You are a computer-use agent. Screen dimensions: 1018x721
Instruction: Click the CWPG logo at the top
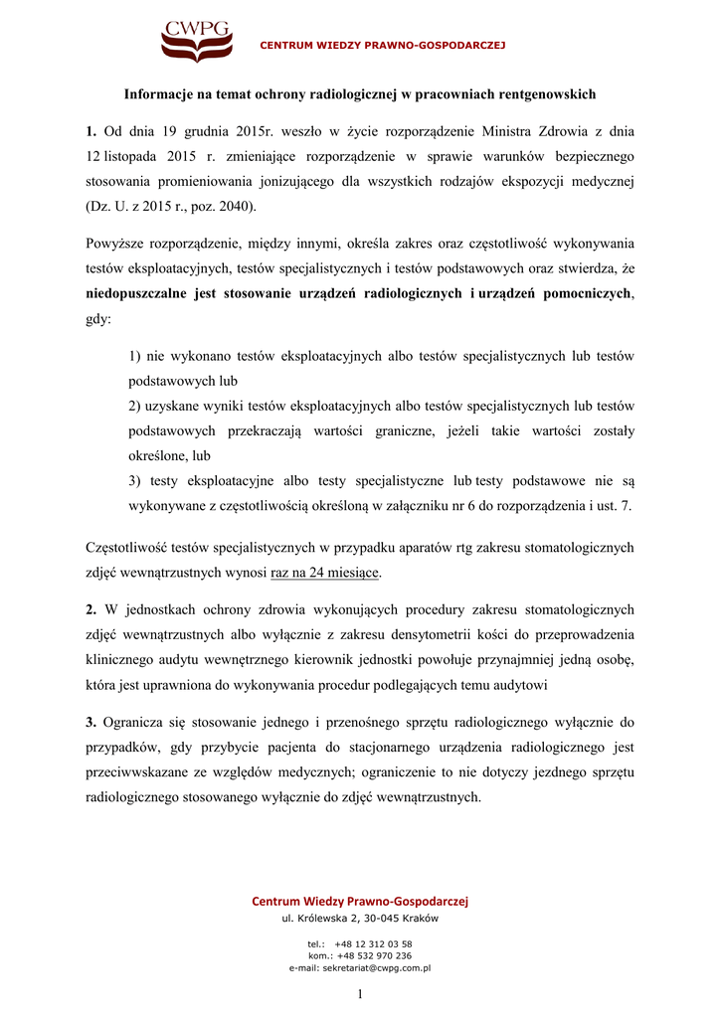(x=196, y=41)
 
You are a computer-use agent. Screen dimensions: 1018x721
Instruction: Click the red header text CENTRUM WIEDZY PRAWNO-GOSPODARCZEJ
(x=383, y=46)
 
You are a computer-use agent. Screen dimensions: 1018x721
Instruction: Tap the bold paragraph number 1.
(x=90, y=130)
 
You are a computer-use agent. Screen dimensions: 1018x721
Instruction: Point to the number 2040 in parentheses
(x=234, y=207)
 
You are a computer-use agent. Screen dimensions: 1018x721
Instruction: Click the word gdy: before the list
(x=99, y=320)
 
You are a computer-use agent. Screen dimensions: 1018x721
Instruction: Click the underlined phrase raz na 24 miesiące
(x=325, y=573)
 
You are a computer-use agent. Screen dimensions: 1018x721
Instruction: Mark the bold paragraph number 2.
(x=90, y=609)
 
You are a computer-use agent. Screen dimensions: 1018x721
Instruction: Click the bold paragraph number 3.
(x=90, y=722)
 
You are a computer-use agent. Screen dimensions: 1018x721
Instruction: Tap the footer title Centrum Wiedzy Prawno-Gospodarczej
(x=360, y=901)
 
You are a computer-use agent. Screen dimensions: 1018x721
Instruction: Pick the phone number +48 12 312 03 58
(x=373, y=943)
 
